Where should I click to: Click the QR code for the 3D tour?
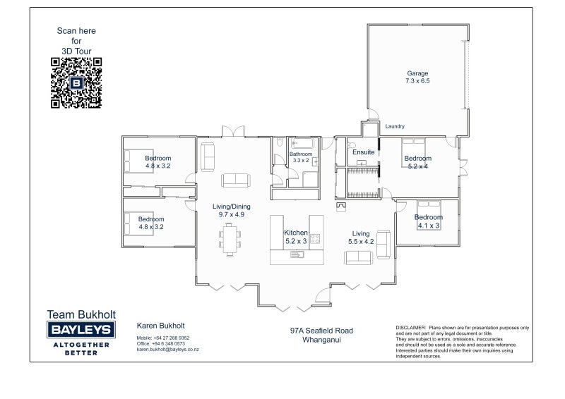76,82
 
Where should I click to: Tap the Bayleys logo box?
81,329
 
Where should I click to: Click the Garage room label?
417,77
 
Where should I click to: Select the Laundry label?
395,126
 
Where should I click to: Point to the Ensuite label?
363,152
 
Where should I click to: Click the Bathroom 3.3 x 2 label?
301,157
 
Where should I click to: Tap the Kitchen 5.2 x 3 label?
296,237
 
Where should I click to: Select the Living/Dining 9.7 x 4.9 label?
232,211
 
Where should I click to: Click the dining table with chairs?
230,240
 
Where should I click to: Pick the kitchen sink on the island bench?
297,254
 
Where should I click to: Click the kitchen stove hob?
315,238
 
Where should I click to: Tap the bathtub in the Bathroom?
303,143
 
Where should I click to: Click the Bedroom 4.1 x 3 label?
429,221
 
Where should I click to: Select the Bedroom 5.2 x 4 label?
417,162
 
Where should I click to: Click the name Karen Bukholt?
161,326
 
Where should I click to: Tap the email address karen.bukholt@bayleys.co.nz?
167,350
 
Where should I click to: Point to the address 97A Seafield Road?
322,331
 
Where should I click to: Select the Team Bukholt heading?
81,314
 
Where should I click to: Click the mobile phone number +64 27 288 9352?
171,338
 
